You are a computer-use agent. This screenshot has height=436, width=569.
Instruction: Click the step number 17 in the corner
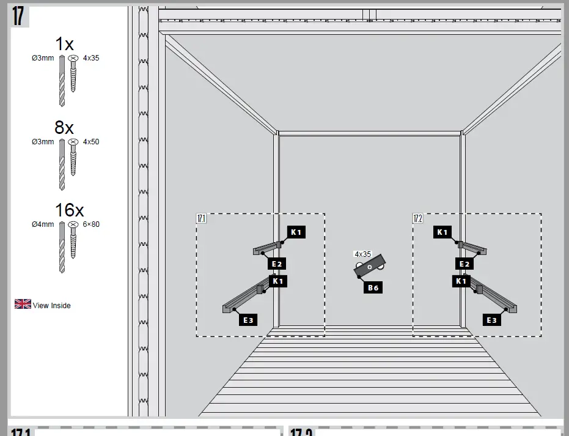(18, 16)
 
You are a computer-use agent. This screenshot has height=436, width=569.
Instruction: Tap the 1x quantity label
(64, 44)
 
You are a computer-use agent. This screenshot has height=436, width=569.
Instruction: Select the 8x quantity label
(64, 127)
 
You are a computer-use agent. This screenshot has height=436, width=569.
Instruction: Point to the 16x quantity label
(69, 210)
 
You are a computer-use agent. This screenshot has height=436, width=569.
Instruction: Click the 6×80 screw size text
(91, 224)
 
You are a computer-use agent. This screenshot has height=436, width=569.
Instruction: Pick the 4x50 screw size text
(90, 142)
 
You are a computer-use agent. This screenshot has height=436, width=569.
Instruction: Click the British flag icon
(23, 304)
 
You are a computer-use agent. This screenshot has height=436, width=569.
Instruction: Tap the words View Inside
(52, 306)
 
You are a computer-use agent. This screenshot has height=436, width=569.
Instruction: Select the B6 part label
(373, 287)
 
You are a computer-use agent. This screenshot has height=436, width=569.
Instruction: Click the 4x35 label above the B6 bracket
(362, 254)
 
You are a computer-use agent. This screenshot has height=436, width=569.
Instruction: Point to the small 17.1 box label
(202, 218)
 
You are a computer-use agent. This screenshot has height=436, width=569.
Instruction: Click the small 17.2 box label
(418, 218)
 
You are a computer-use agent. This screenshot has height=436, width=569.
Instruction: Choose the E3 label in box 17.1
(248, 320)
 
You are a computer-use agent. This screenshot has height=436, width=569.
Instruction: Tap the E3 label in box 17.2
(492, 320)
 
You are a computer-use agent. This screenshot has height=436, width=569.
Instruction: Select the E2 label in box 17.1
(277, 264)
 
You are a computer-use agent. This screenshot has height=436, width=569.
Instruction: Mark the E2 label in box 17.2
(464, 264)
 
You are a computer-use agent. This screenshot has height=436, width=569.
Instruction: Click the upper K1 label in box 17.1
(296, 232)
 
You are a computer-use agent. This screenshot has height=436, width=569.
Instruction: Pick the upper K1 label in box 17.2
(442, 232)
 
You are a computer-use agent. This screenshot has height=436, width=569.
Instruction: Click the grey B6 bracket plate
(369, 267)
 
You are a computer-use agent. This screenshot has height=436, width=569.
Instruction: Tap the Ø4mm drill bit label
(43, 224)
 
